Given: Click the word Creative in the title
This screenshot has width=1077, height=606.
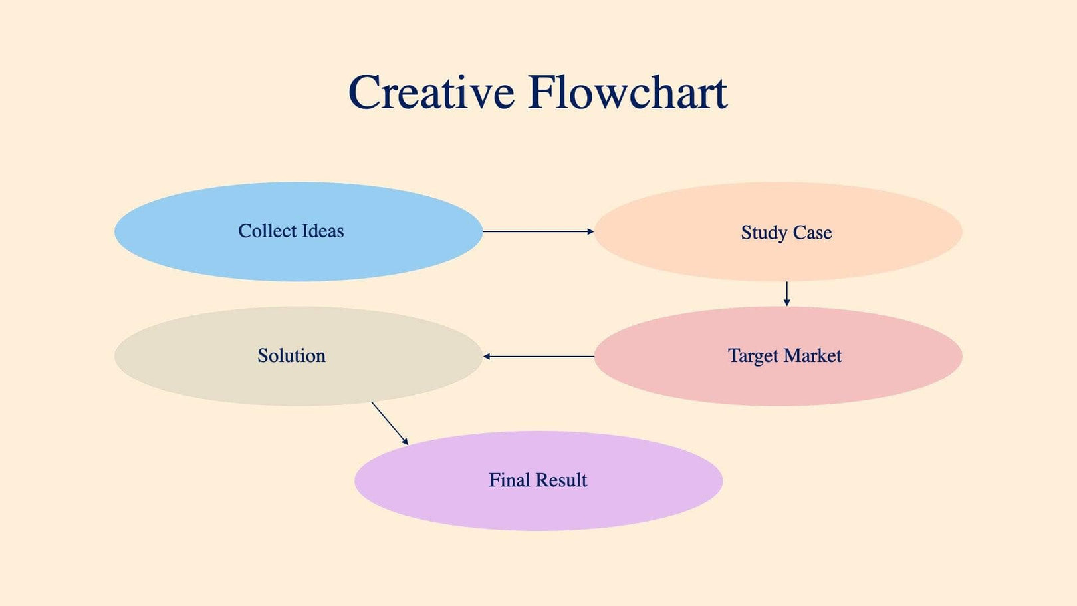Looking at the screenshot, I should pyautogui.click(x=431, y=92).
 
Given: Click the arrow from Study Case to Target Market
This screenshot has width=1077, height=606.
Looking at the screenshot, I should pyautogui.click(x=786, y=293).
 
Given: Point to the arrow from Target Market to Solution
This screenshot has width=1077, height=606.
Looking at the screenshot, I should pyautogui.click(x=538, y=357).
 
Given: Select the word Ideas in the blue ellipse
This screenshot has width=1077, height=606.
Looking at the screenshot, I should pyautogui.click(x=322, y=231).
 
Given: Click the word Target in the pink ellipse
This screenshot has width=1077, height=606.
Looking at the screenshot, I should pyautogui.click(x=753, y=356).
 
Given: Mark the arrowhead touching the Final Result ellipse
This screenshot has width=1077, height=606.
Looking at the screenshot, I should pyautogui.click(x=405, y=442).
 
